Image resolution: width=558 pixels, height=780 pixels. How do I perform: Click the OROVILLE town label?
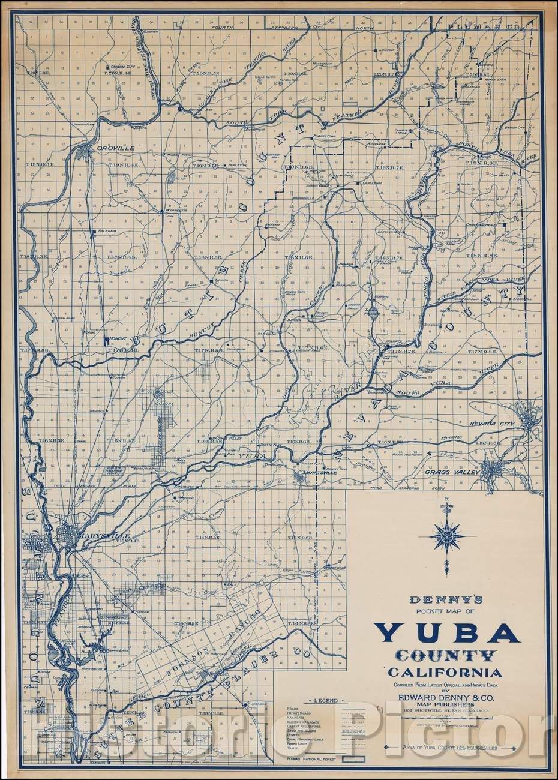108,143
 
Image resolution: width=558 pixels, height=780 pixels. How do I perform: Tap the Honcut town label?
116,339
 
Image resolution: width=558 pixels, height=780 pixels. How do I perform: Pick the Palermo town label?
106,230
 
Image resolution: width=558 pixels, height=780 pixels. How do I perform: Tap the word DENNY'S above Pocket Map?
445,599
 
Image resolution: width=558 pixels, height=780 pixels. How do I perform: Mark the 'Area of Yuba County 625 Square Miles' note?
448,746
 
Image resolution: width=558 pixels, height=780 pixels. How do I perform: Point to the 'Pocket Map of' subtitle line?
445,610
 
